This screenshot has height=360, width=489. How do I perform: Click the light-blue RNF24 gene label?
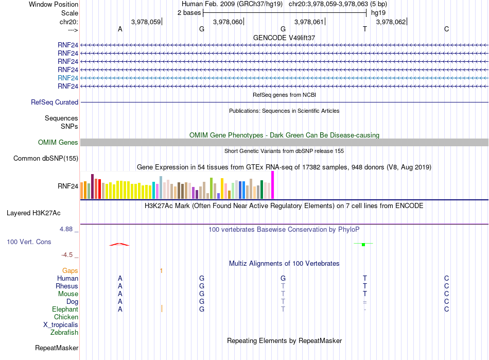67,78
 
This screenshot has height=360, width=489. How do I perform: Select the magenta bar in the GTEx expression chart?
273,185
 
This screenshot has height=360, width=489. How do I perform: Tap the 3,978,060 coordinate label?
228,22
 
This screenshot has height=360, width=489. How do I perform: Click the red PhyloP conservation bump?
119,244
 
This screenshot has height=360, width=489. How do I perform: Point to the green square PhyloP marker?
363,245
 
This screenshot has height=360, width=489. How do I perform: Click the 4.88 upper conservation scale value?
66,229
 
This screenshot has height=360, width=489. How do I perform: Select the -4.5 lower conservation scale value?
67,255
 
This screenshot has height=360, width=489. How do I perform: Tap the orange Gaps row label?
70,270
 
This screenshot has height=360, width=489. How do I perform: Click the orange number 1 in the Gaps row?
161,271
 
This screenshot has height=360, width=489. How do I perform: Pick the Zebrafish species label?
64,332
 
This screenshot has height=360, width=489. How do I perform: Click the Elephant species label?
65,309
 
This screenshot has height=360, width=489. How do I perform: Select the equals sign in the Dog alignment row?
364,302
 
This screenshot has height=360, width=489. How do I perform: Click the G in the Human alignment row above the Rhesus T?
283,278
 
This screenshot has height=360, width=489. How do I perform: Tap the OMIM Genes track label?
58,142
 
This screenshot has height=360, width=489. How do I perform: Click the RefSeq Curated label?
55,102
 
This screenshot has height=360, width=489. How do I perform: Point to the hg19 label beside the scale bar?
378,13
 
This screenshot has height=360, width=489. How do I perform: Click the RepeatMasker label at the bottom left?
57,348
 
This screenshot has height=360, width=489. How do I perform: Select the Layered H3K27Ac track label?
33,213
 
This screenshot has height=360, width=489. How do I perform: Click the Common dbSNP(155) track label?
46,159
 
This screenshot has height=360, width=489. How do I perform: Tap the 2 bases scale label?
189,13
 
